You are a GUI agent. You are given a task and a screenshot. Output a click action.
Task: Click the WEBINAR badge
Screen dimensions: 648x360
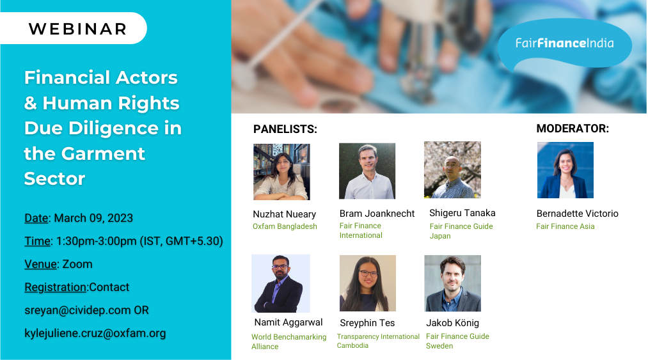[x=74, y=28]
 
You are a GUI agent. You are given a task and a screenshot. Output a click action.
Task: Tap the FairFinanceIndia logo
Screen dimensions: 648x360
[x=564, y=43]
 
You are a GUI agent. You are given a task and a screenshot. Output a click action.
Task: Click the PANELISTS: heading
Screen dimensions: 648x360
[x=285, y=129]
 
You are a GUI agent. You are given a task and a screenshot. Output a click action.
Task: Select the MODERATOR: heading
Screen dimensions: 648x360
[x=573, y=129]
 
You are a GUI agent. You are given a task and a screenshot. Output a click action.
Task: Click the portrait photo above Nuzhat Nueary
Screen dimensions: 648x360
[x=281, y=172]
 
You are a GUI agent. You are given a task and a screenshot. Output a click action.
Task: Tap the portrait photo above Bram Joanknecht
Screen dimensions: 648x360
[x=367, y=171]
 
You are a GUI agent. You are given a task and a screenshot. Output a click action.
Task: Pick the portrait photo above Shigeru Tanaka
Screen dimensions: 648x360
[x=452, y=170]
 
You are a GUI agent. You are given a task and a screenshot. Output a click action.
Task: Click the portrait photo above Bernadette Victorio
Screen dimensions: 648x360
[x=565, y=170]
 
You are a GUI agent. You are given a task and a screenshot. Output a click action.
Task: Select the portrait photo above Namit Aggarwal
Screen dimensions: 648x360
[x=281, y=283]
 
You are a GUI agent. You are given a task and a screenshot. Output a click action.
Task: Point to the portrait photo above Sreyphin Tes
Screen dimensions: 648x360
[x=368, y=283]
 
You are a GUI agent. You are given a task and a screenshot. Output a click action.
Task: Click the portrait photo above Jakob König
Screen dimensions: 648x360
[x=452, y=283]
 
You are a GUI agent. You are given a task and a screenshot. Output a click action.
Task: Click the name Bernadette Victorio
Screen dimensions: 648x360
[x=578, y=214]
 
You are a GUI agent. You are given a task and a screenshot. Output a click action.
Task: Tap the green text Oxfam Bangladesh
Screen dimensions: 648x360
[x=285, y=226]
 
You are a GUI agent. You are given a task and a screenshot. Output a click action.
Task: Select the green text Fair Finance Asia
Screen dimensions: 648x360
[x=565, y=226]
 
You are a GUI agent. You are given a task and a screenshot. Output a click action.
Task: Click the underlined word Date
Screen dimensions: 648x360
[x=36, y=218]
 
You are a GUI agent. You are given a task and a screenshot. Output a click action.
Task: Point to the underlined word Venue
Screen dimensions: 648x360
[x=40, y=264]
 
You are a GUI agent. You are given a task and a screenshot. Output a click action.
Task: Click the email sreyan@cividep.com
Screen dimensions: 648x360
[x=77, y=310]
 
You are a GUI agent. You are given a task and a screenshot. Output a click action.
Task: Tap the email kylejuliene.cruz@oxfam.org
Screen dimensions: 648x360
[x=95, y=334]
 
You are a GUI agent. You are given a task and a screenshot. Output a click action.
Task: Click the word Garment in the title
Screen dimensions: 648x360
[x=103, y=153]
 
